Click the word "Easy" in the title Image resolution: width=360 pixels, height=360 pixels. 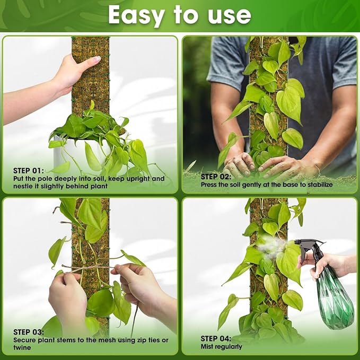(x=135, y=15)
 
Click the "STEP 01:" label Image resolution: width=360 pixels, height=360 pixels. (x=30, y=171)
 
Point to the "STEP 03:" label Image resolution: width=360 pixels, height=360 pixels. (x=30, y=332)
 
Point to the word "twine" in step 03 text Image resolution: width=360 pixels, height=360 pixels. (x=23, y=347)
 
